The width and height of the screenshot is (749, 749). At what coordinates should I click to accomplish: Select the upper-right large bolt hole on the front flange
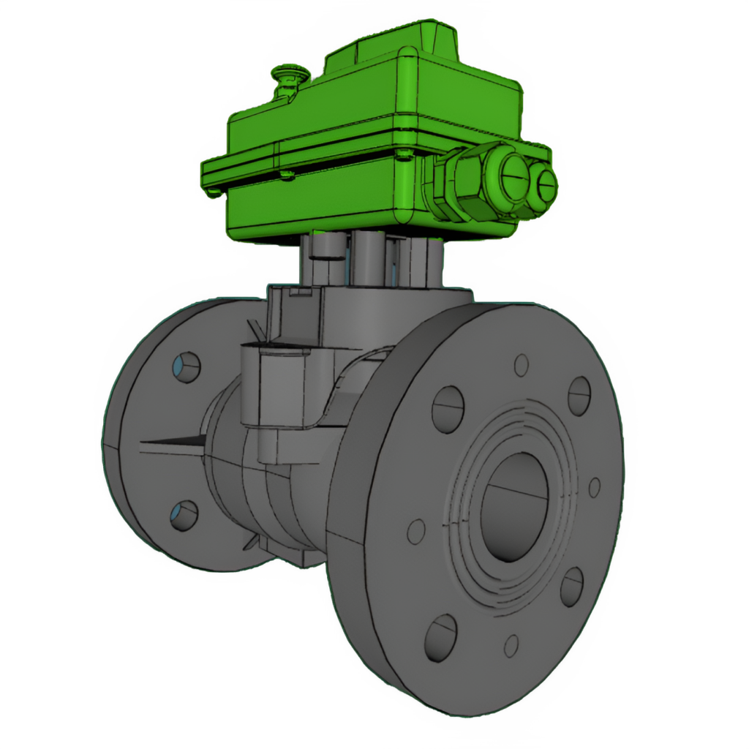(x=579, y=396)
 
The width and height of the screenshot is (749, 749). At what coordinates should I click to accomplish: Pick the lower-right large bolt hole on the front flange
(x=572, y=587)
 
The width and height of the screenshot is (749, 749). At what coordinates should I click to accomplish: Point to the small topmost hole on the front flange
(x=522, y=364)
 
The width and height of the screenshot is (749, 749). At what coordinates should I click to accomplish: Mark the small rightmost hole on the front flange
(x=595, y=487)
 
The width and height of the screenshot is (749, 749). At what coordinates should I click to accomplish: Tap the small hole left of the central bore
(x=416, y=532)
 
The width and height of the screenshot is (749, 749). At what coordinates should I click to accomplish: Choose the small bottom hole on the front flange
(x=511, y=645)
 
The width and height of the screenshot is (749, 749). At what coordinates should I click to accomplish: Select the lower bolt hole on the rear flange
(x=184, y=516)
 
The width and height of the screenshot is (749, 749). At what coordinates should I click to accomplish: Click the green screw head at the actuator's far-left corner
(x=213, y=192)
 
